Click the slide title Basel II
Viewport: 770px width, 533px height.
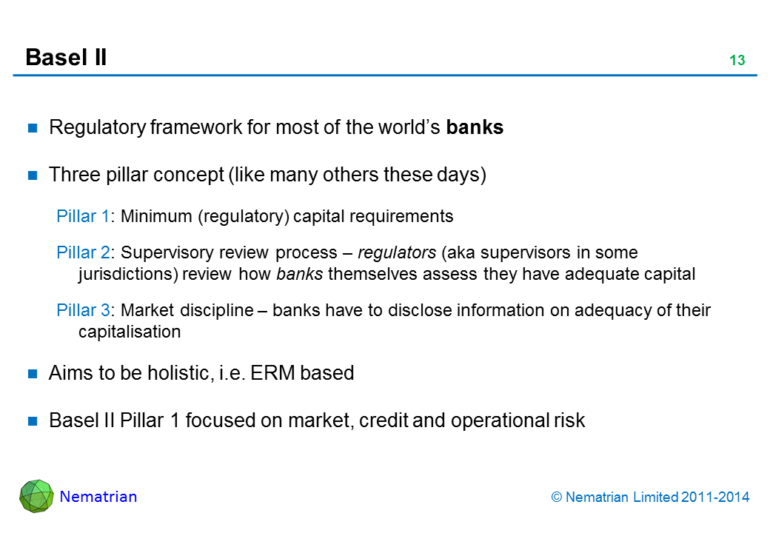(x=66, y=57)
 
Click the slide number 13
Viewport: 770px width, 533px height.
(x=737, y=61)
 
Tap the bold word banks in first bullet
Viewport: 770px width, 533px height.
(x=475, y=127)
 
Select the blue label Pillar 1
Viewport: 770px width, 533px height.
(x=83, y=216)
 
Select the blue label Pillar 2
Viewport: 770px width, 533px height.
(x=83, y=253)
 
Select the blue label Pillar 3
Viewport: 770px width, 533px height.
(x=83, y=311)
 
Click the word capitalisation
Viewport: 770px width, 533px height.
(x=129, y=332)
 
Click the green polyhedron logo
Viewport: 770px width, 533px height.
(x=36, y=497)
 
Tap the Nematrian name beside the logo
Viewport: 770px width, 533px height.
(x=98, y=497)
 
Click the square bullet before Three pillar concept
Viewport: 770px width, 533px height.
(x=33, y=175)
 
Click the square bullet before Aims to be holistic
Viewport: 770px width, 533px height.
(x=33, y=374)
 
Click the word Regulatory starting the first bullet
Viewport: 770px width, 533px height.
(x=96, y=127)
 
